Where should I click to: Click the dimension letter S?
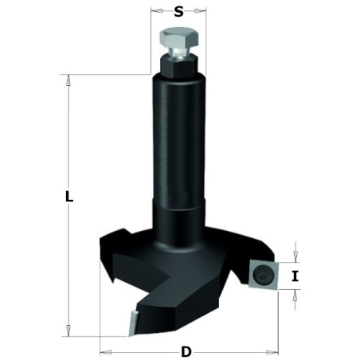tap(178, 12)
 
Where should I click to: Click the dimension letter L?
tap(69, 197)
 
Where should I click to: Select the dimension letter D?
tap(186, 352)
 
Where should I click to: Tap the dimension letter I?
tap(295, 276)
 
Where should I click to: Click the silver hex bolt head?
tap(179, 38)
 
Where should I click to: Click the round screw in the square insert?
tap(263, 275)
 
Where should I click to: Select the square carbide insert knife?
tap(264, 275)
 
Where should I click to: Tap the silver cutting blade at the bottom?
tap(132, 323)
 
